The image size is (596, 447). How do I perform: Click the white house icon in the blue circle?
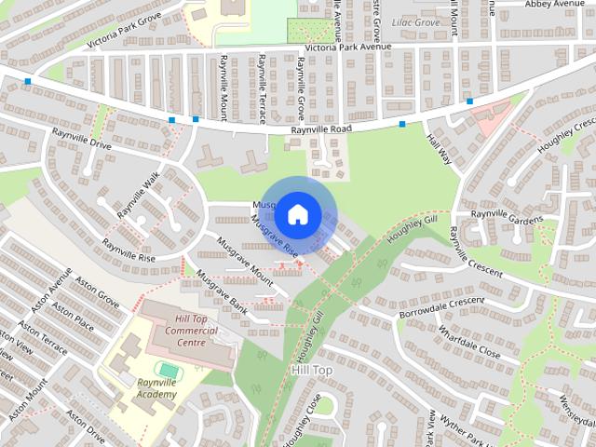pyautogui.click(x=297, y=213)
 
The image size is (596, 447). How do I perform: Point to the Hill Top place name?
pyautogui.click(x=311, y=370)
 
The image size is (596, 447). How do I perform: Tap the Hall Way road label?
pyautogui.click(x=438, y=149)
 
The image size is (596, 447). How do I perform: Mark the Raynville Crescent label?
pyautogui.click(x=474, y=254)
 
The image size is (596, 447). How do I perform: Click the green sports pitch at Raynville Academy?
pyautogui.click(x=168, y=370)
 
